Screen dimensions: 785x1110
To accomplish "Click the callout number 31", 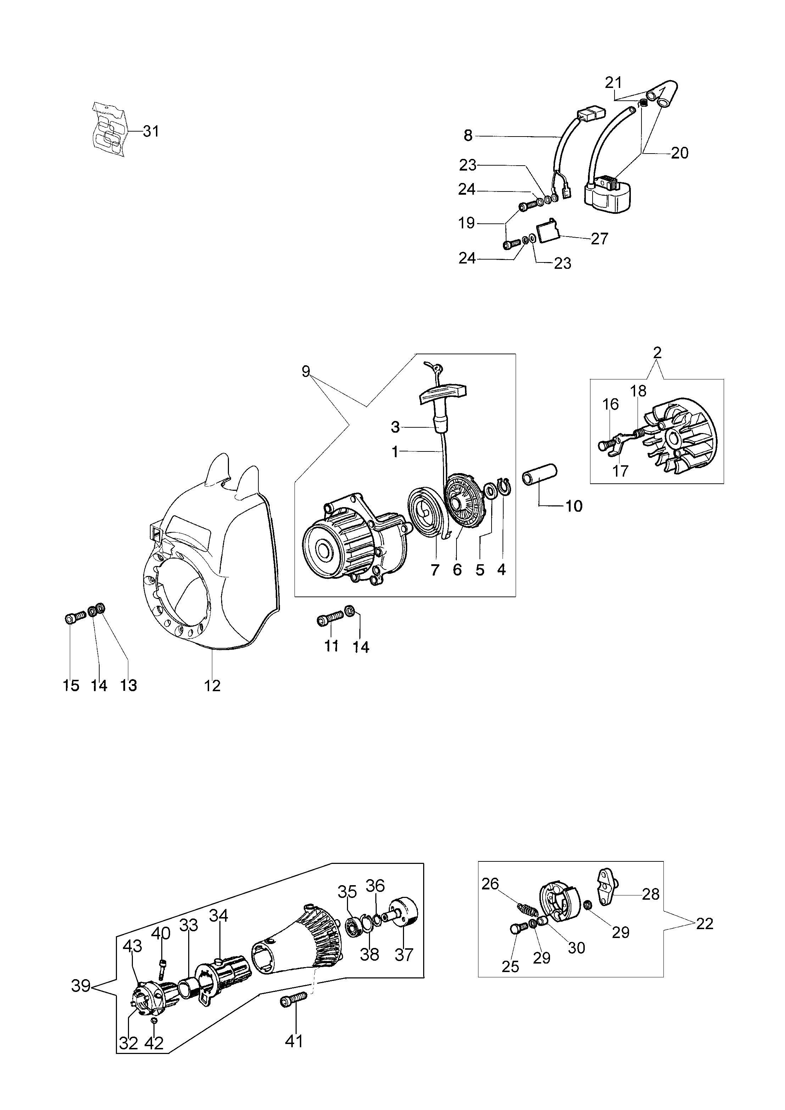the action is click(x=151, y=131).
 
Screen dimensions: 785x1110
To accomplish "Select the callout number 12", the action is click(x=212, y=686).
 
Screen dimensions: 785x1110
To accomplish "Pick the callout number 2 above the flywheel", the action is click(x=657, y=353).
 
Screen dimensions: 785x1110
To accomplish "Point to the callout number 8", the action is click(x=467, y=136).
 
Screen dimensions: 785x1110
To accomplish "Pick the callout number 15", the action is click(x=71, y=686).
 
